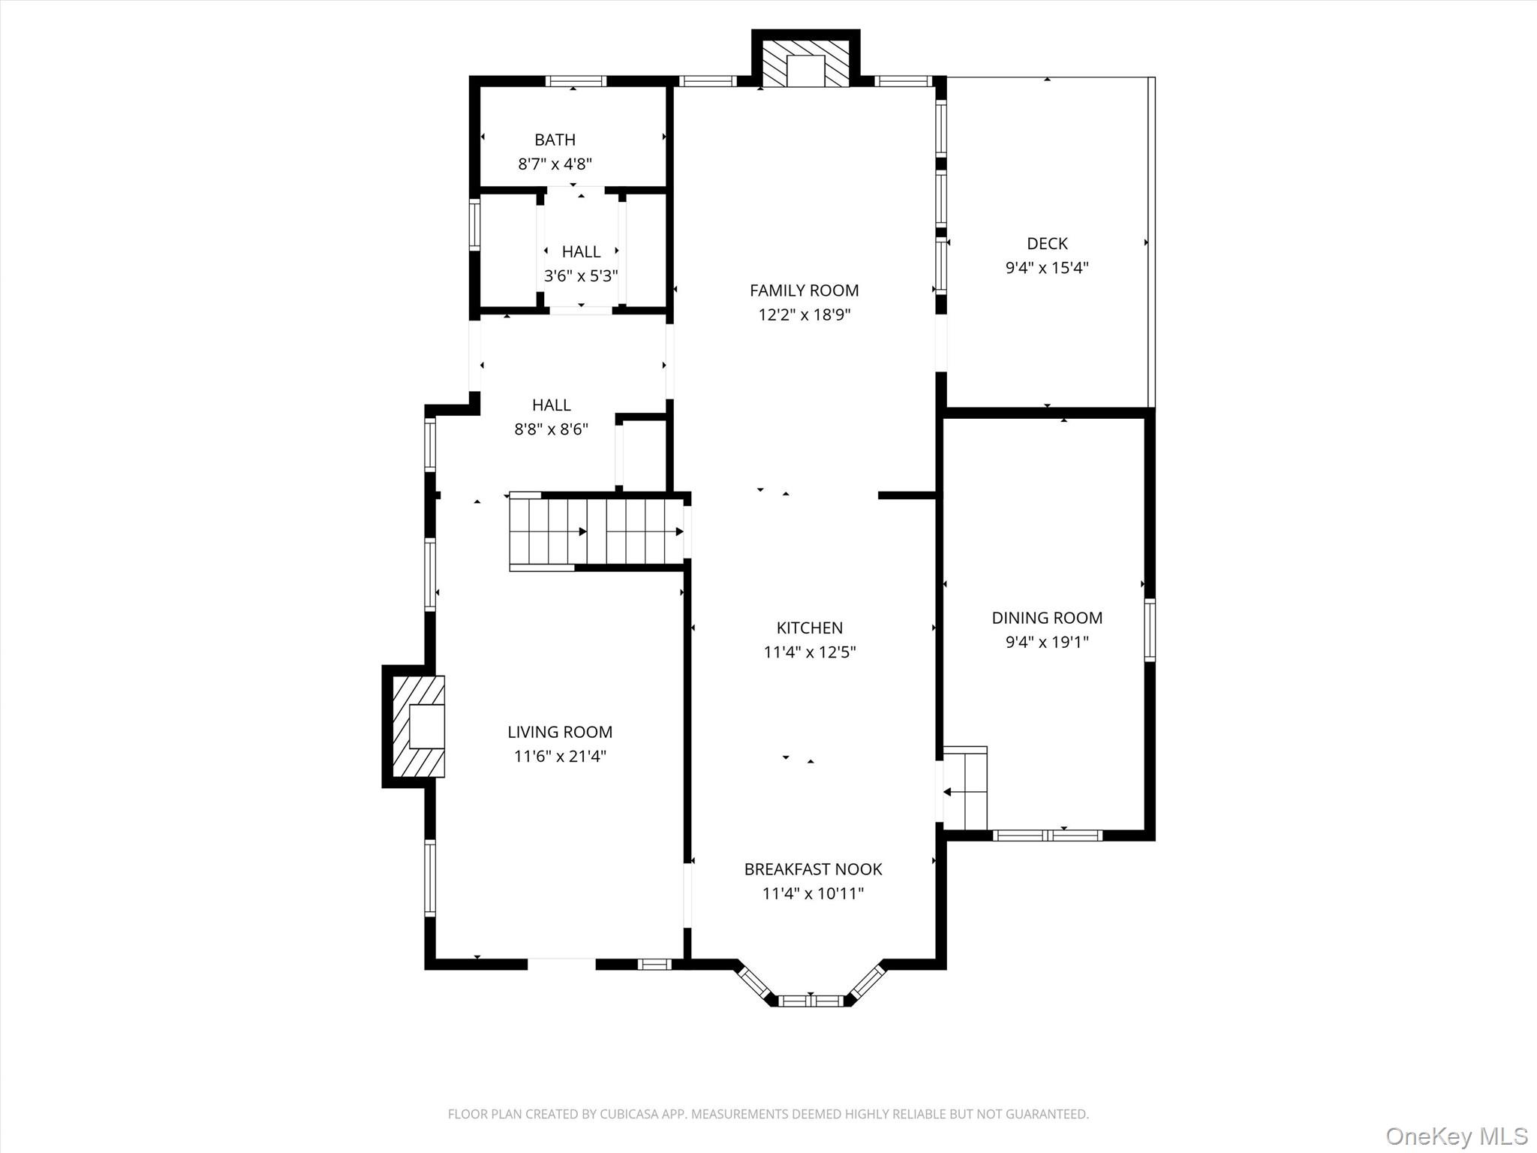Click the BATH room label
[555, 140]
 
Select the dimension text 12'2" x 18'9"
[804, 315]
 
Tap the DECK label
[1047, 243]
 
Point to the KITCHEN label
[809, 628]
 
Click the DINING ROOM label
[1047, 618]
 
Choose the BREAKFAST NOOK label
[813, 869]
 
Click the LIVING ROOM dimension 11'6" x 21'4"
[560, 756]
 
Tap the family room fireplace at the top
[805, 63]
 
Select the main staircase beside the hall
[596, 531]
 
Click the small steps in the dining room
[965, 788]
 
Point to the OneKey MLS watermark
[1456, 1136]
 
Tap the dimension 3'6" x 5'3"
[581, 275]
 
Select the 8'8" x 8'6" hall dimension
[551, 429]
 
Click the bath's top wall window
[576, 81]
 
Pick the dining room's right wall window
[1149, 630]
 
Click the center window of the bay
[811, 1000]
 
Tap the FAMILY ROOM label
[804, 291]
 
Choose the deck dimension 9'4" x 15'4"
[1047, 267]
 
